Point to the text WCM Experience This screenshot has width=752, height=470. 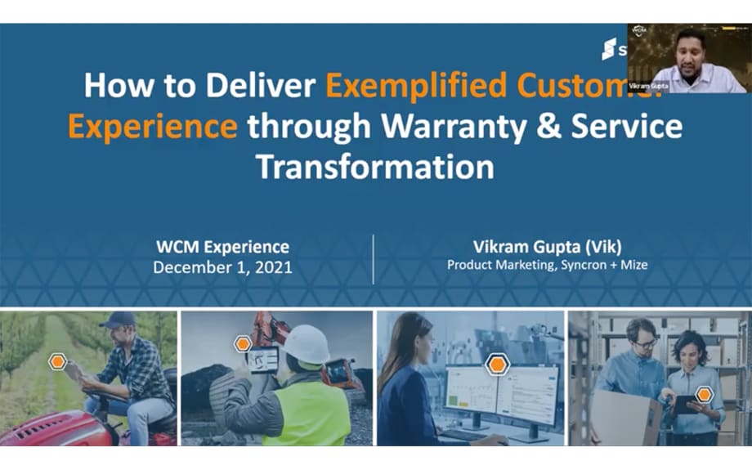tap(223, 246)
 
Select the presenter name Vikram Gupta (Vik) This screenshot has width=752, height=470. tap(547, 246)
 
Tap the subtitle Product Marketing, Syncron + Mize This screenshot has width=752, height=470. tap(547, 265)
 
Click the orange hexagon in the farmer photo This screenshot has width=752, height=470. tap(57, 360)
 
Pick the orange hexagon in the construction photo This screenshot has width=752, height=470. tap(243, 344)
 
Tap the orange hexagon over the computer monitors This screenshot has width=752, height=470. tap(497, 365)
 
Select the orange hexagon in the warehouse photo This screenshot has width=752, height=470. tap(704, 395)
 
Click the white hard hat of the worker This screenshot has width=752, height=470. tap(307, 344)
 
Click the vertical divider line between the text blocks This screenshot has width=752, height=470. tap(373, 258)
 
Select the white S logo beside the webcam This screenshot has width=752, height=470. tap(609, 49)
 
